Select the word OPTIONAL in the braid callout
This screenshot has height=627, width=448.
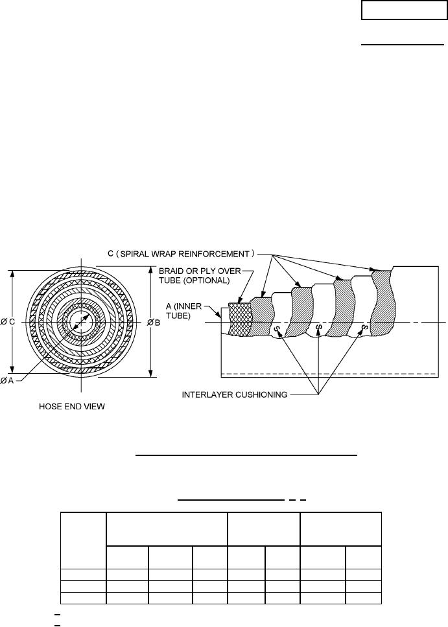(208, 280)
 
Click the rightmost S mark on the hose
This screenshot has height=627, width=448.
(364, 327)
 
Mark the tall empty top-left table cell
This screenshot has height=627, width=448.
(82, 540)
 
